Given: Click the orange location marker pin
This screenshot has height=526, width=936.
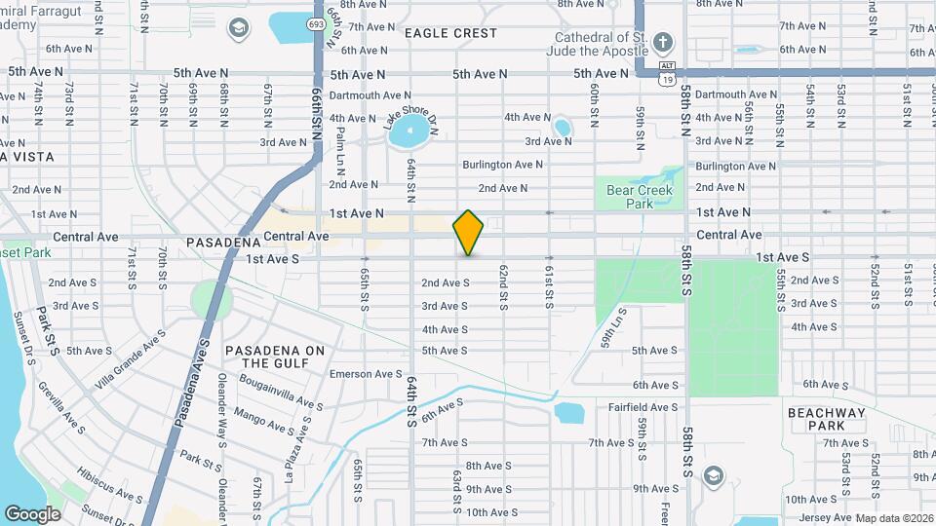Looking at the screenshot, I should click(468, 232).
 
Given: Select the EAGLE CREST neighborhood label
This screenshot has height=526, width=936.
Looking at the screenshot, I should click(450, 33).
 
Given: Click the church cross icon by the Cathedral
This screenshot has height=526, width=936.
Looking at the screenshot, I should click(663, 41).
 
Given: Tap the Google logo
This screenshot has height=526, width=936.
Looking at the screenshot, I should click(32, 513).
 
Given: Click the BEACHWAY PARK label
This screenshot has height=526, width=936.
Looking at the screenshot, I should click(827, 420).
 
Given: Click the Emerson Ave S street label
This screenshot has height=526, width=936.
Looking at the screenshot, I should click(365, 374).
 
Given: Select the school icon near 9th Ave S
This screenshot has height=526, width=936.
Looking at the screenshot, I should click(713, 474).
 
